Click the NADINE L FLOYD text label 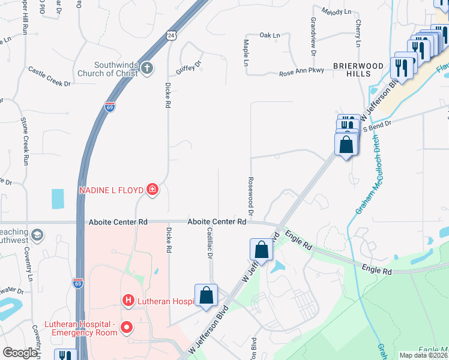111,191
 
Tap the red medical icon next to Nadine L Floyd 152,191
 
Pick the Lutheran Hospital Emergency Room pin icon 127,328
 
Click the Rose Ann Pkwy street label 301,74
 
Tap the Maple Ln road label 246,53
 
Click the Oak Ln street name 270,35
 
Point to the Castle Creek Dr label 49,77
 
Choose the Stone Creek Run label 25,141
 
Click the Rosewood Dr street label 250,196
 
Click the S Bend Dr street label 376,126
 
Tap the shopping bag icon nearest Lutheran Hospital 206,296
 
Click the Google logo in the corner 20,353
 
